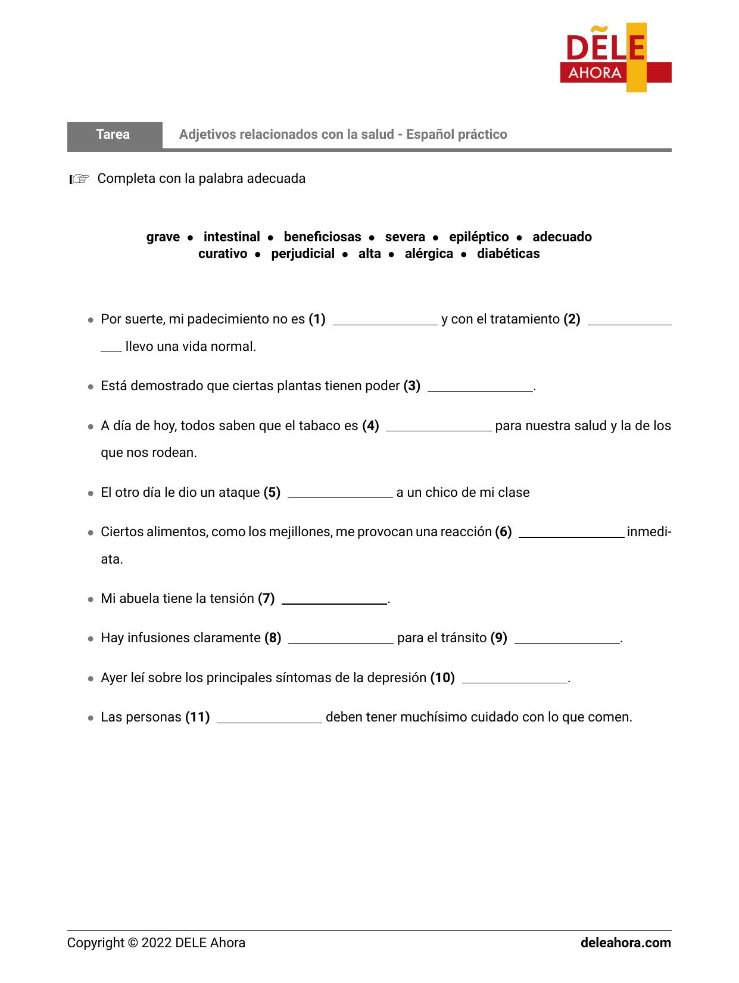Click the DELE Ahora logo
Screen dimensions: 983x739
[x=615, y=58]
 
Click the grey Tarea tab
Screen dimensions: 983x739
[x=114, y=135]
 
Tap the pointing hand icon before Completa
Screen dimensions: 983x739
[x=79, y=179]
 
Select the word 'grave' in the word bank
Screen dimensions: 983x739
[x=163, y=237]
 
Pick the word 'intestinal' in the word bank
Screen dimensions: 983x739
[x=232, y=237]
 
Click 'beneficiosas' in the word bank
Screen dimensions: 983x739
[x=322, y=237]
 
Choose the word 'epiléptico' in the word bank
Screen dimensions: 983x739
[x=479, y=237]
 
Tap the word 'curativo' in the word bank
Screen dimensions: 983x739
[x=223, y=254]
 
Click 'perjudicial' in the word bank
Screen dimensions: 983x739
[x=303, y=254]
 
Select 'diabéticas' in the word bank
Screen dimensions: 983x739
[x=508, y=254]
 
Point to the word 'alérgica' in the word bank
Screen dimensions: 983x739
[x=429, y=254]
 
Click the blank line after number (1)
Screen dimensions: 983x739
[x=385, y=321]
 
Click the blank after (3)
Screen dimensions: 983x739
[x=480, y=387]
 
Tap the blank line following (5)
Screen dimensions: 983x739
[x=339, y=493]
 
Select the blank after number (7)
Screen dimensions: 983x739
[x=334, y=599]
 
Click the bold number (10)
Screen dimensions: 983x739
[x=442, y=678]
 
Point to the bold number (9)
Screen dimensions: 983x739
[x=499, y=638]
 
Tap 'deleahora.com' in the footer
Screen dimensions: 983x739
[x=625, y=943]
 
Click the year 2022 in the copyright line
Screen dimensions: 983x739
[x=156, y=943]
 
